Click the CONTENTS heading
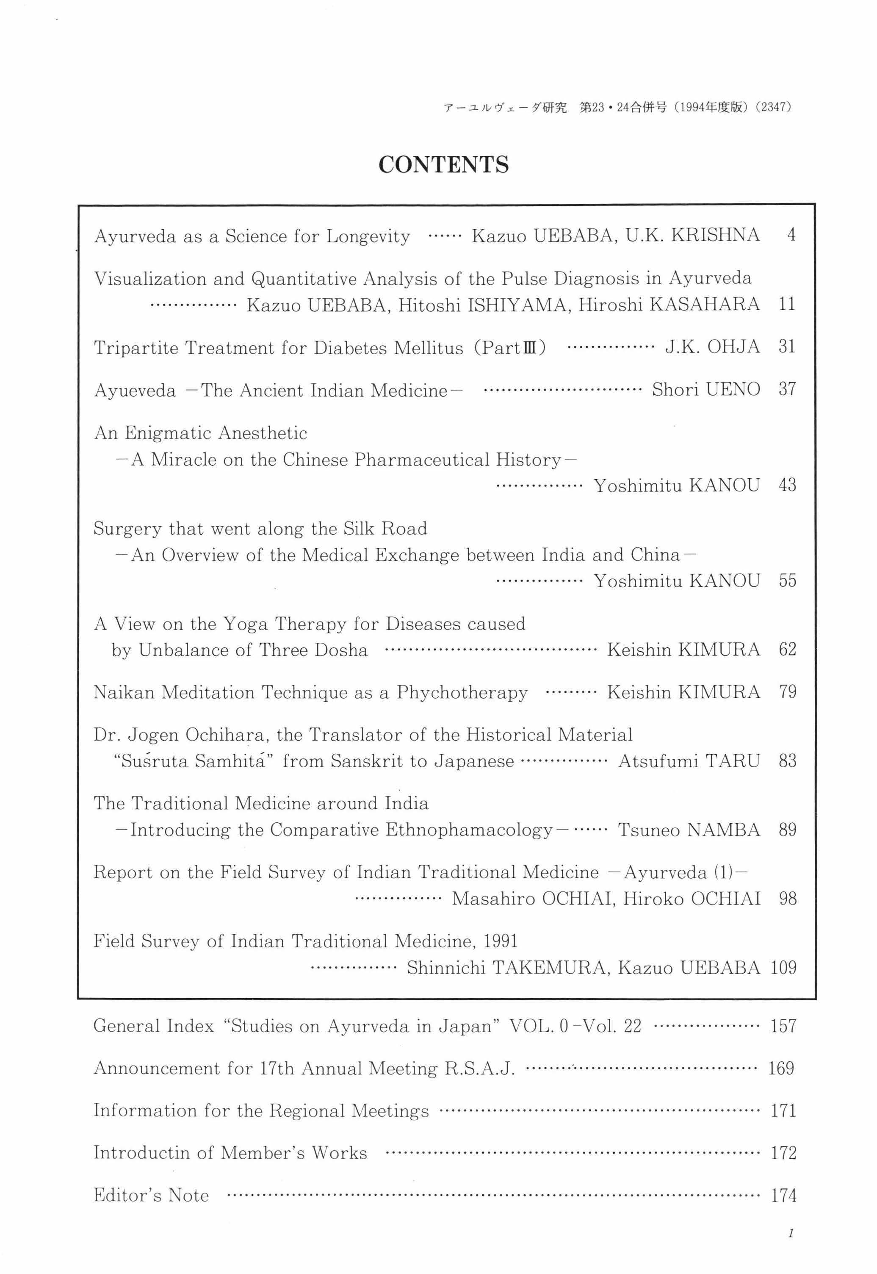tap(443, 164)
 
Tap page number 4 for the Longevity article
tap(791, 235)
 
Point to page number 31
tap(787, 347)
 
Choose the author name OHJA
tap(733, 347)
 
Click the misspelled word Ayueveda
tap(135, 390)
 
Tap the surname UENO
tap(733, 390)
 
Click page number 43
tap(787, 485)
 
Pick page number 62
tap(787, 649)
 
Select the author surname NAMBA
tap(724, 830)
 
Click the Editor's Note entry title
tap(151, 1195)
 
